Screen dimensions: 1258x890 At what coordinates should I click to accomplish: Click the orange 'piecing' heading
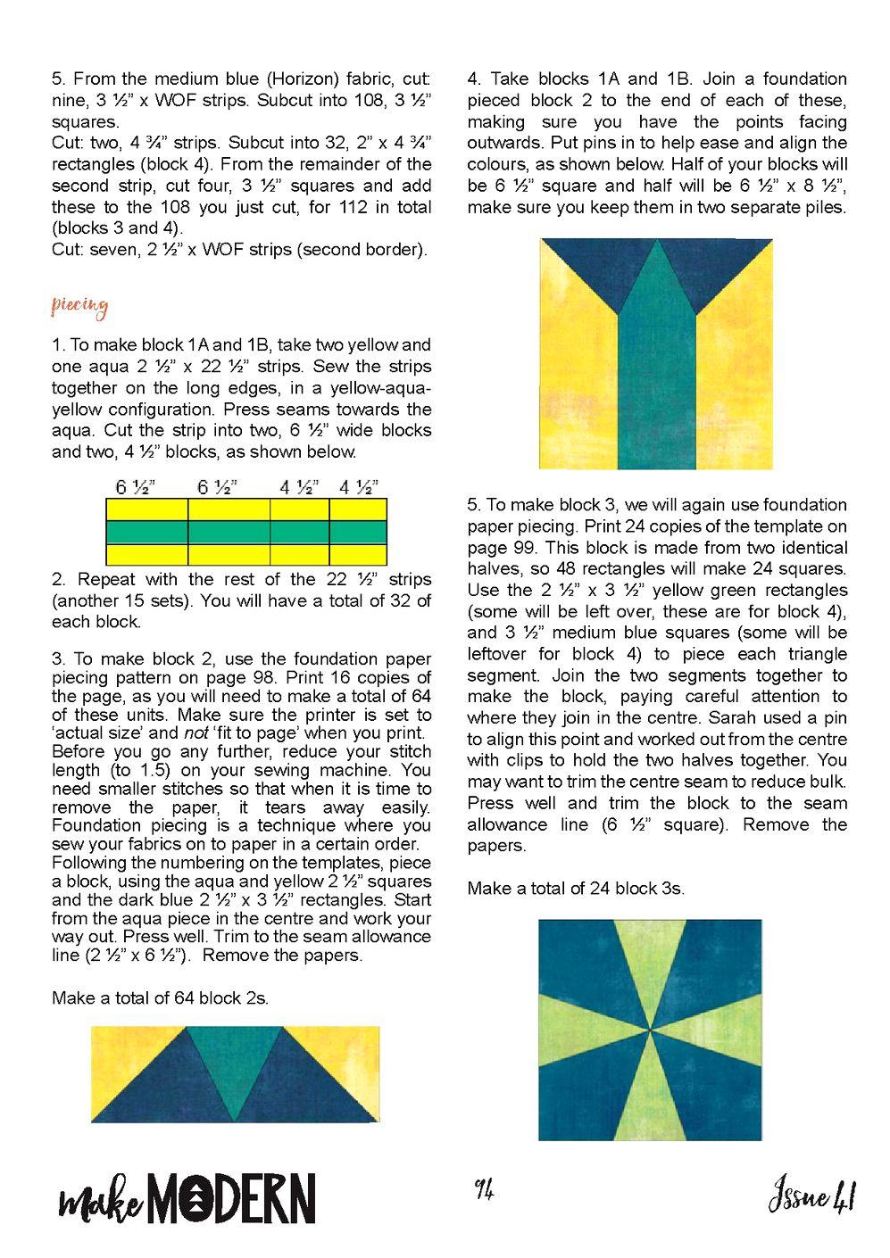(79, 307)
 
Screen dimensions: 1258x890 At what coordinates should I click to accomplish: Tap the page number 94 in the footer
(484, 1188)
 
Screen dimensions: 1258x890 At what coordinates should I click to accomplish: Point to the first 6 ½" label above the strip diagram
(136, 487)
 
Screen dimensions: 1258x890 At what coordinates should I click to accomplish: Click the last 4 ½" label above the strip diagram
(359, 487)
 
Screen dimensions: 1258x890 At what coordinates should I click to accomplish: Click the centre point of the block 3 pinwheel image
(650, 1030)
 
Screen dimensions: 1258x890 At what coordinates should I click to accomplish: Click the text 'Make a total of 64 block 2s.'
(160, 997)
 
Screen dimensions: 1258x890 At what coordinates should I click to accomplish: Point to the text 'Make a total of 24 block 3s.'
(576, 888)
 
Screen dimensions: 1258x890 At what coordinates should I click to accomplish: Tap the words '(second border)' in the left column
(362, 250)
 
